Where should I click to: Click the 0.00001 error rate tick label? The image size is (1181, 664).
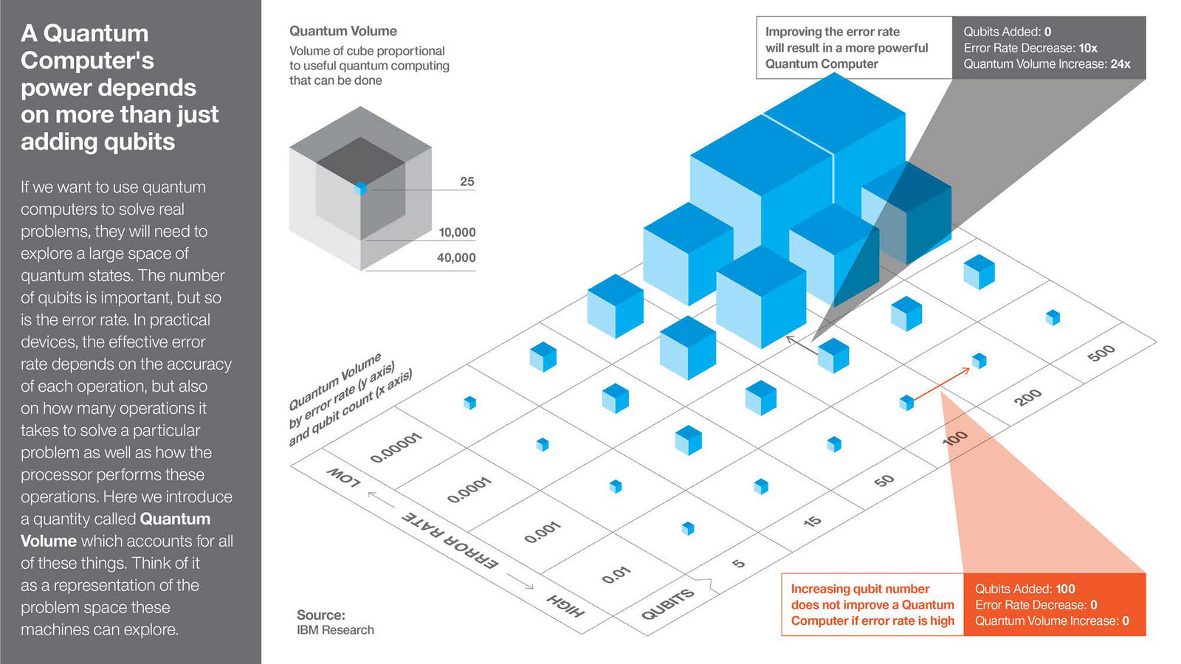[x=396, y=448]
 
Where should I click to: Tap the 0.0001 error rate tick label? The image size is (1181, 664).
[x=469, y=490]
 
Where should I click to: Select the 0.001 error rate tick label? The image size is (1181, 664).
[x=543, y=532]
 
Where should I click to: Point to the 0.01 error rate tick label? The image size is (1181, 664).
[x=616, y=573]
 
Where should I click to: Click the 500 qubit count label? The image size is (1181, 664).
[x=1101, y=353]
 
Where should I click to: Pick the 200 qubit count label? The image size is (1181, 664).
[x=1027, y=397]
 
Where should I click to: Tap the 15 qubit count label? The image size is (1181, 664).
[x=812, y=522]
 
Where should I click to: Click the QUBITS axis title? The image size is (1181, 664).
[x=668, y=604]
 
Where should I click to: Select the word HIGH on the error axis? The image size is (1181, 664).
[x=565, y=605]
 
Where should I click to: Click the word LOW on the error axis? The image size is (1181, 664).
[x=344, y=477]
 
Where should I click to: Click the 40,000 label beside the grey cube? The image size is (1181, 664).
[x=456, y=257]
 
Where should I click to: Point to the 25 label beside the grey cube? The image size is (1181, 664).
[x=467, y=181]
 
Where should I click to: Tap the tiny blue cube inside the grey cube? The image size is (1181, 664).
[x=361, y=188]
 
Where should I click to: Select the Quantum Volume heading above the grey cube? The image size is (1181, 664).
[x=342, y=31]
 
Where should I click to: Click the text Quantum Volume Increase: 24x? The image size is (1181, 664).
[x=1047, y=64]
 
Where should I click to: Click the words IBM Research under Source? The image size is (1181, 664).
[x=335, y=630]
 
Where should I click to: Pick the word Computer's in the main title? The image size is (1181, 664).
[x=87, y=60]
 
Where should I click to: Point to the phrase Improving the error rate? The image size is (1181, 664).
[x=832, y=32]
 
